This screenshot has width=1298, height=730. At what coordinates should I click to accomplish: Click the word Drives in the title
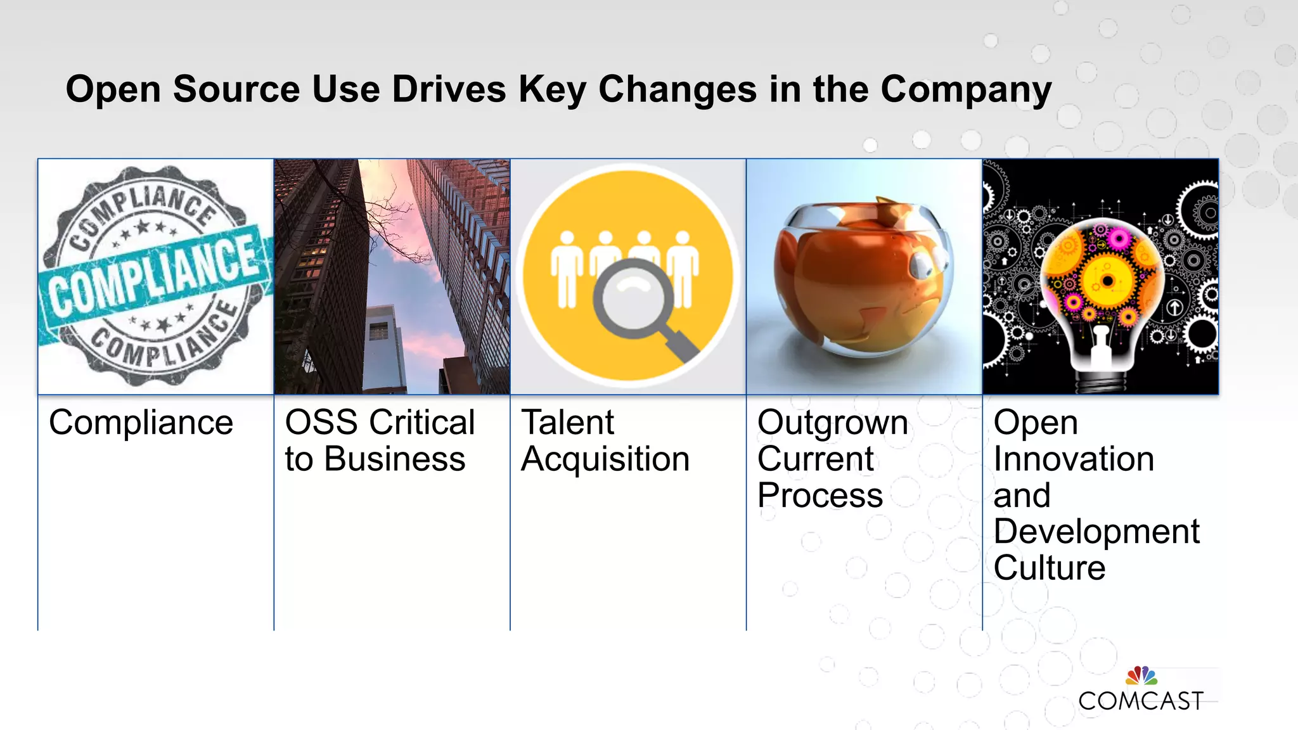449,89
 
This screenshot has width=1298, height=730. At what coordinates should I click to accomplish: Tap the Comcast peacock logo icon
1141,675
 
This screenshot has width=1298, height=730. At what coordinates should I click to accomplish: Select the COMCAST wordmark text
1140,701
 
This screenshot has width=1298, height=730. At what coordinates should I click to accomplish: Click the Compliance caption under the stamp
141,423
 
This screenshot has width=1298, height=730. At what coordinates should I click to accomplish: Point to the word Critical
422,423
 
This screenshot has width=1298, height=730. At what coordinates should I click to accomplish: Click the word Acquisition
605,459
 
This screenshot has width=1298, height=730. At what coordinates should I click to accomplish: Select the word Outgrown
832,423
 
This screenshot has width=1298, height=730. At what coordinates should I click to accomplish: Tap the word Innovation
1073,459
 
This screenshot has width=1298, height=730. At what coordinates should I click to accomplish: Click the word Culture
1049,568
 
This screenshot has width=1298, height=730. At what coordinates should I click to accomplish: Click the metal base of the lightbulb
1100,380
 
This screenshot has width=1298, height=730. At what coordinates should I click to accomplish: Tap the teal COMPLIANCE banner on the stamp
152,279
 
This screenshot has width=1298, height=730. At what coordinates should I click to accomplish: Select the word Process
819,496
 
